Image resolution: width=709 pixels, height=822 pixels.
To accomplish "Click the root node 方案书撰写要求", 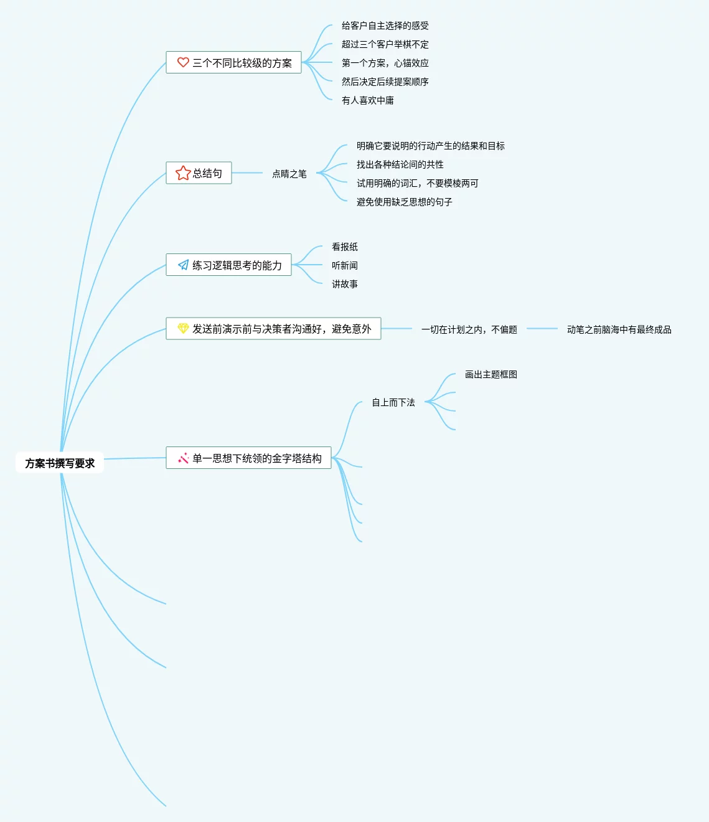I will (x=60, y=463).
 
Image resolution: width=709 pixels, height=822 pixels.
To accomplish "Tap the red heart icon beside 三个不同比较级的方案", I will (x=183, y=62).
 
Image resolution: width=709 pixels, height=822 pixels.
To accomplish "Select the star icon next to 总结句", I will (x=183, y=173).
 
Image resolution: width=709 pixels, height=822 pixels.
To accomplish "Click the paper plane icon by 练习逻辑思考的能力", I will (x=183, y=265).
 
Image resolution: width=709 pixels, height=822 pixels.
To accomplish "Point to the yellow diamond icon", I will (x=183, y=329).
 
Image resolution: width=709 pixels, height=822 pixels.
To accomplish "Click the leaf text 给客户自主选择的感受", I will (x=385, y=26).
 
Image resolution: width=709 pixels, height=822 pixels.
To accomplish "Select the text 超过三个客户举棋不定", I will (x=385, y=44).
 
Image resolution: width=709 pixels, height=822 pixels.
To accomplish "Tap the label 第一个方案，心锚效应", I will (x=385, y=63).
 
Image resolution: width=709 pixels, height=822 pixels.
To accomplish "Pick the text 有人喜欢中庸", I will (x=367, y=100).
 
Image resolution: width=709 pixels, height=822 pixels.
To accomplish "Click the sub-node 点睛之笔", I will (x=289, y=174).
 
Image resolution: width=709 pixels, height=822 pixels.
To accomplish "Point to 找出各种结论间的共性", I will (x=400, y=164).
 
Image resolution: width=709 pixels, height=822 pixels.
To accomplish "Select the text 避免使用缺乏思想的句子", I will (x=404, y=202).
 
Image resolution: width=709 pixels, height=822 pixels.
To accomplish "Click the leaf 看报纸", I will (x=344, y=247).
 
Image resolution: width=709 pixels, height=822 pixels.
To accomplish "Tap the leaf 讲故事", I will (x=344, y=284).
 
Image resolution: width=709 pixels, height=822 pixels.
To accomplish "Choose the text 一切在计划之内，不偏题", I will (x=469, y=329).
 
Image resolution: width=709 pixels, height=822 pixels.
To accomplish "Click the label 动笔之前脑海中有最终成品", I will (x=619, y=329).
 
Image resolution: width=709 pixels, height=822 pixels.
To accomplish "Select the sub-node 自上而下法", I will (x=393, y=402).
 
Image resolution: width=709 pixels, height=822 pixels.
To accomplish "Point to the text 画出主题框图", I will (x=491, y=374).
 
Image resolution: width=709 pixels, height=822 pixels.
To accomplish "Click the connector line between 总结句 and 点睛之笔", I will (x=247, y=173).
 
